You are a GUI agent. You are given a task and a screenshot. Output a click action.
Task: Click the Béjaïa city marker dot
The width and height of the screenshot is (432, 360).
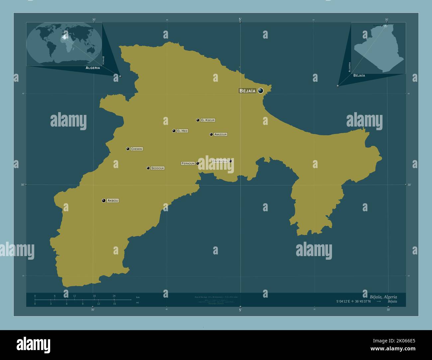pyautogui.click(x=261, y=91)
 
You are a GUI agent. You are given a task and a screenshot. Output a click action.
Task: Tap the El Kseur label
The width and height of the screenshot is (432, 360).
pyautogui.click(x=208, y=120)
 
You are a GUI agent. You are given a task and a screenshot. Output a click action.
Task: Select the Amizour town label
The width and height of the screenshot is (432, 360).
pyautogui.click(x=221, y=135)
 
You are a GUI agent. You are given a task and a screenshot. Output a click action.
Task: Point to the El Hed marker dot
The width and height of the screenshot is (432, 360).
pyautogui.click(x=174, y=131)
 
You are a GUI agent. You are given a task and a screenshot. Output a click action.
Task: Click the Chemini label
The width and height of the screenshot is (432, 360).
pyautogui.click(x=137, y=149)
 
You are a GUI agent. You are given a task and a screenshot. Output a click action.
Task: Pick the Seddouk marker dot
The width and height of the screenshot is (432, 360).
pyautogui.click(x=148, y=168)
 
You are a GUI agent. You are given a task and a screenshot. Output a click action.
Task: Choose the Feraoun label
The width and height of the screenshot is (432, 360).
pyautogui.click(x=188, y=163)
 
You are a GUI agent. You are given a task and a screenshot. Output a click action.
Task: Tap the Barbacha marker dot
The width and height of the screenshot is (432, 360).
pyautogui.click(x=230, y=161)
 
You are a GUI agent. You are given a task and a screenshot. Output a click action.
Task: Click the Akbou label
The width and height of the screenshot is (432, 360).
pyautogui.click(x=113, y=201)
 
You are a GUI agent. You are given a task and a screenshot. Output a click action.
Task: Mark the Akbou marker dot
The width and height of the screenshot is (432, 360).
pyautogui.click(x=104, y=201)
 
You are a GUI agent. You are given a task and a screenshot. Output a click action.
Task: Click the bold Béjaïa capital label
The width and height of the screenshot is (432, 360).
pyautogui.click(x=248, y=91)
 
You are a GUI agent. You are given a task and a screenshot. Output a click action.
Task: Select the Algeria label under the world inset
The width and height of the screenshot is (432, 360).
pyautogui.click(x=93, y=68)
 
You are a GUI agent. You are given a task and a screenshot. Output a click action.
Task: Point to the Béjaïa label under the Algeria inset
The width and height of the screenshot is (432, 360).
pyautogui.click(x=359, y=75)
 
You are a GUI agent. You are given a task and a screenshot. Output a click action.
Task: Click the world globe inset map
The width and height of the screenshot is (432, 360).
pyautogui.click(x=64, y=44)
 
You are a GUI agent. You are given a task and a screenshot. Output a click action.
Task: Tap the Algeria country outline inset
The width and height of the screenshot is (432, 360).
pyautogui.click(x=379, y=48)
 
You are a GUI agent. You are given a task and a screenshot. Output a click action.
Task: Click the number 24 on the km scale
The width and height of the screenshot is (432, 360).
pyautogui.click(x=114, y=296)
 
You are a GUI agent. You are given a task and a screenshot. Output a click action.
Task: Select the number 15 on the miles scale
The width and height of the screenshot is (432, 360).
pyautogui.click(x=114, y=304)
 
